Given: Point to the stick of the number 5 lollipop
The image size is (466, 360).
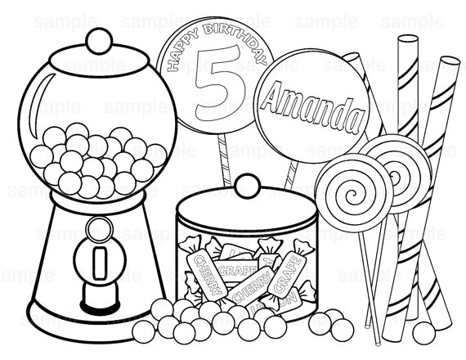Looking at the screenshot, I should point(220,155).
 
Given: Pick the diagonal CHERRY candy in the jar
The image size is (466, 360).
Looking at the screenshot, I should point(246,287).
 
